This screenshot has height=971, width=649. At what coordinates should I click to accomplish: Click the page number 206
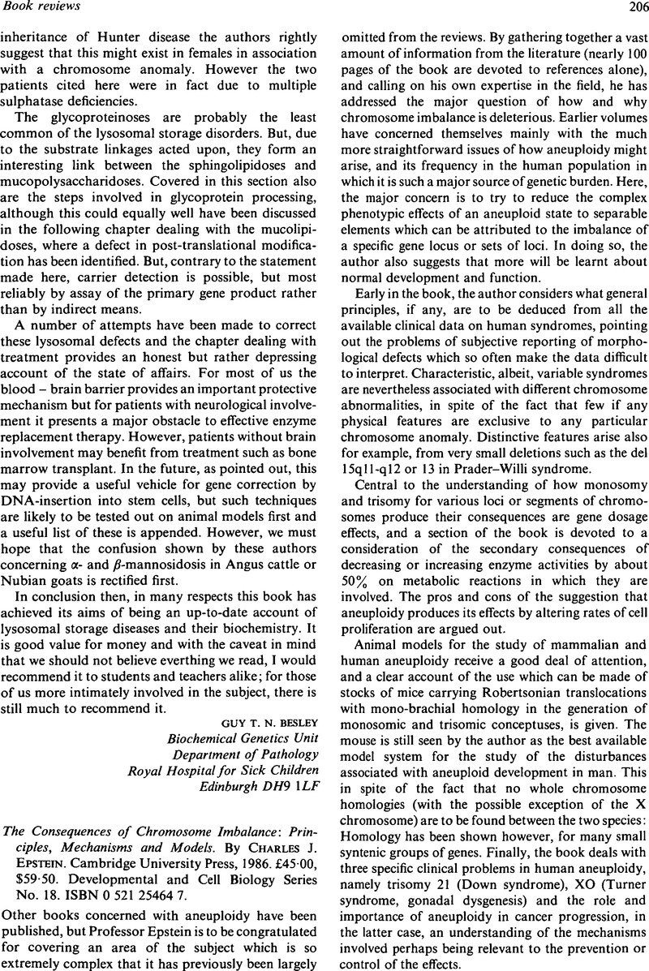[x=630, y=8]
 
